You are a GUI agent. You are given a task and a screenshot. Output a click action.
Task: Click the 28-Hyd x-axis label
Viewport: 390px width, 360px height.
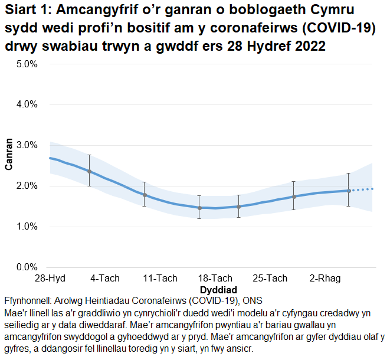tap(50, 279)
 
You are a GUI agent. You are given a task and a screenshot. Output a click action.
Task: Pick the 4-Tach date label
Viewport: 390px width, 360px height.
tap(105, 279)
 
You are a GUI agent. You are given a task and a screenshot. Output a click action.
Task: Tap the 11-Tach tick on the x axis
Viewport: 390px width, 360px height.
tap(160, 279)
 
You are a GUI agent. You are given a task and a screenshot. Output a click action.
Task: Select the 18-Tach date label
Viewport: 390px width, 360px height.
tap(215, 279)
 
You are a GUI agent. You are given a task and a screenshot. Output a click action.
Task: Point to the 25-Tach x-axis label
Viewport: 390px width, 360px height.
tap(270, 279)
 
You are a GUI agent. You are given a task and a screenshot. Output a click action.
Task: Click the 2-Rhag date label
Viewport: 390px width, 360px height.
tap(325, 279)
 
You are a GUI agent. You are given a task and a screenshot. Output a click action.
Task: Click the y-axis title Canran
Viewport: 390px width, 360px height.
tap(9, 155)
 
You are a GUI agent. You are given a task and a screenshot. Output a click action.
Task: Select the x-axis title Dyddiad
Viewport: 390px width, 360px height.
tap(218, 290)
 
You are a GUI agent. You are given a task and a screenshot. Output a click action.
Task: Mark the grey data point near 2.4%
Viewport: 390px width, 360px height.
tap(89, 171)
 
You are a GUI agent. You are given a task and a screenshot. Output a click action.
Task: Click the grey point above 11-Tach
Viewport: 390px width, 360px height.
tap(145, 195)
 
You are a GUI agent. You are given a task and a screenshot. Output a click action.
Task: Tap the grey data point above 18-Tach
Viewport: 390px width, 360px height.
tap(199, 208)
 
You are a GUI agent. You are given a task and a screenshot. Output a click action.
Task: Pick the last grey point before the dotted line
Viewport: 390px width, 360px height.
tap(349, 191)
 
